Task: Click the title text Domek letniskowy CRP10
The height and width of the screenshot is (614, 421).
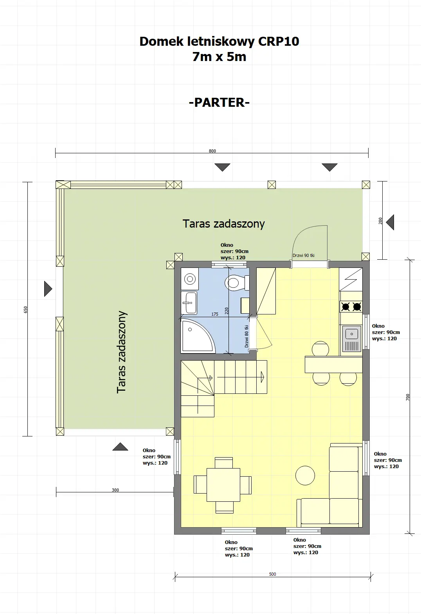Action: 219,41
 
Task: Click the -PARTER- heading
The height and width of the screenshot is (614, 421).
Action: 219,102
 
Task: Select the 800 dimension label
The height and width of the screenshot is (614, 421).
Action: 212,151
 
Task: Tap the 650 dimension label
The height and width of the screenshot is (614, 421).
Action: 26,309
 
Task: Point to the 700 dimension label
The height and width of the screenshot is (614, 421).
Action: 408,397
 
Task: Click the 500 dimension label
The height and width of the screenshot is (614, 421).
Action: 273,574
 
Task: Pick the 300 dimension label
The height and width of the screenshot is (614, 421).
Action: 115,490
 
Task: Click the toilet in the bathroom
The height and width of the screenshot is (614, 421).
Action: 236,282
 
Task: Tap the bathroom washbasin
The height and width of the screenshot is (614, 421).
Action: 191,303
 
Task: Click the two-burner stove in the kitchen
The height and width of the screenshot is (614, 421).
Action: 351,307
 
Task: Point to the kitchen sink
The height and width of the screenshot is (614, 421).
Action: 351,339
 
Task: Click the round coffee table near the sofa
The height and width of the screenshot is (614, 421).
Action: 305,476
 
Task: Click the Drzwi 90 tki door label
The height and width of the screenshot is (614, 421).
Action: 304,255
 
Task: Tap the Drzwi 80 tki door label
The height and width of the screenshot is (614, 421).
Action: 247,336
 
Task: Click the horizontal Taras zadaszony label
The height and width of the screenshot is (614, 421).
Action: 223,224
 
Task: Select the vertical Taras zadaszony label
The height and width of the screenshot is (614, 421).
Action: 122,352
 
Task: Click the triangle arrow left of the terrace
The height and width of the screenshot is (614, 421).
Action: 48,289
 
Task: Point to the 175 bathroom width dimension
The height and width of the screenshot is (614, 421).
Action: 215,314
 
